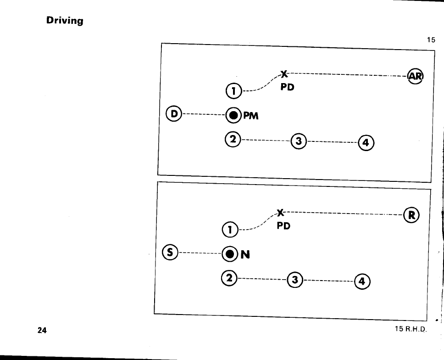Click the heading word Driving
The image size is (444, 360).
64,21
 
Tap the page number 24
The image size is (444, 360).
42,330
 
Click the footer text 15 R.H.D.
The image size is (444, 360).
410,329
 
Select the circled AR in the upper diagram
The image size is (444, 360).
416,76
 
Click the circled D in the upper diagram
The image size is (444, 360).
174,112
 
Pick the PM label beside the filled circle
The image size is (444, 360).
251,116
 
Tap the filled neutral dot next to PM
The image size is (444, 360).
233,115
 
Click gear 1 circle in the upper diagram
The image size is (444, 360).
233,91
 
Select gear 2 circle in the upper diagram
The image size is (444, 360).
233,139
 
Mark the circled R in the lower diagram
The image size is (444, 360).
411,214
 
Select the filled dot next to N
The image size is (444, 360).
229,253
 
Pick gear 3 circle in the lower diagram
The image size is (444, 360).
294,280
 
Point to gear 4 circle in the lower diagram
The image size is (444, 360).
362,281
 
